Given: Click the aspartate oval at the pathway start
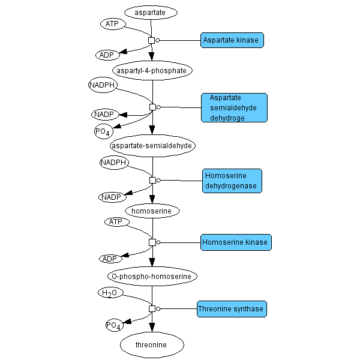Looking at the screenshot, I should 151,12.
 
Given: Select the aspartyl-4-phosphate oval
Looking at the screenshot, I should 152,70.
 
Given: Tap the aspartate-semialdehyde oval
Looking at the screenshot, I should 152,145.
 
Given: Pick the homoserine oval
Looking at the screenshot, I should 152,211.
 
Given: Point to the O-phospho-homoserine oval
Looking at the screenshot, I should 152,276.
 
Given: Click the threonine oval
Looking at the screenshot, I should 151,344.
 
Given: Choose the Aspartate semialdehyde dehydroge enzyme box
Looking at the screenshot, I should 234,108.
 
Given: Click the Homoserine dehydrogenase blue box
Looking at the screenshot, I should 232,181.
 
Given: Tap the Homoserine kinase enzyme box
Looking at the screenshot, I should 236,242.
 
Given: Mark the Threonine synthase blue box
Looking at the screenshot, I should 231,309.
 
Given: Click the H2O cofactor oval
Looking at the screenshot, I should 110,293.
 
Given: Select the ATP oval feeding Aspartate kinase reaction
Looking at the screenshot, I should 112,24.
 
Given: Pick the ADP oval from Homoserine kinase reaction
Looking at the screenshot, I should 110,259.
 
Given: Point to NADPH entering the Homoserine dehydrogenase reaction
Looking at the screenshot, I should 114,163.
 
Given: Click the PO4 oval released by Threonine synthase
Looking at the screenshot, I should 114,325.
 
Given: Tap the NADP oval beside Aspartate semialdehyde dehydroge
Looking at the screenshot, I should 105,114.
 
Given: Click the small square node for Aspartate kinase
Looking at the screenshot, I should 151,40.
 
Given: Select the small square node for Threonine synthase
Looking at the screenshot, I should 152,308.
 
